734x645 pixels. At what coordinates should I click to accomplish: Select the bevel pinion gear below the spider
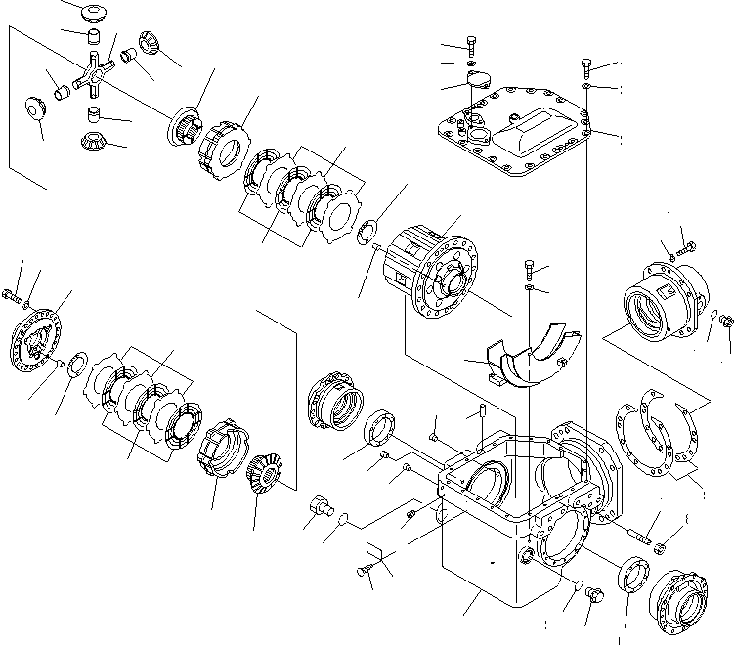[92, 139]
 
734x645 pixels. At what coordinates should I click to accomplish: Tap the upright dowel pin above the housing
[483, 426]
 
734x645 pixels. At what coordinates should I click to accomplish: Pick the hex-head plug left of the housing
[317, 508]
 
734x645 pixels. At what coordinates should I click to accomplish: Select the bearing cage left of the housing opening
[334, 401]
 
